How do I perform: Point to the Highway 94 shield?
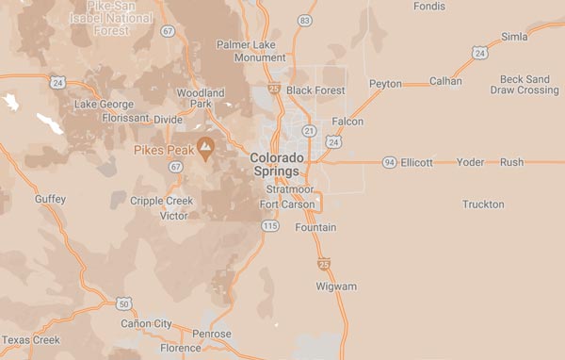point(389,162)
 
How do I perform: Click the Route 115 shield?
point(270,225)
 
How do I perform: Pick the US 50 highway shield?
point(123,303)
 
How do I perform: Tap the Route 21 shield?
point(308,131)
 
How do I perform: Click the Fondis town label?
point(428,6)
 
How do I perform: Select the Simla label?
point(514,37)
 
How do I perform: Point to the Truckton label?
point(483,205)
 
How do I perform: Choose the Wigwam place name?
point(336,286)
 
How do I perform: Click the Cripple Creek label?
point(161,201)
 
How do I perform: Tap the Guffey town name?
point(50,199)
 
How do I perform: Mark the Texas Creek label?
point(31,339)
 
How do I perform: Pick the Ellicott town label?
point(416,162)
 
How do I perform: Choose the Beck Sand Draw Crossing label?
point(525,85)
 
